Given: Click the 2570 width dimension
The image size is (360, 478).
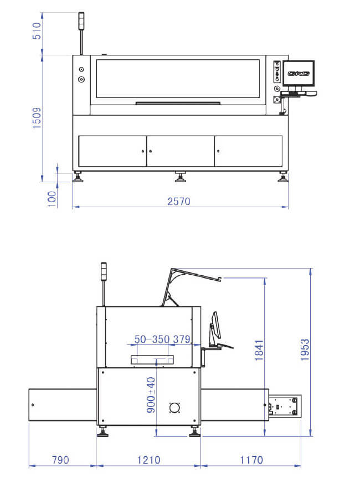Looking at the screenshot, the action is click(179, 201).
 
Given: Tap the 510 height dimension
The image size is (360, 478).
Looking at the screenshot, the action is click(37, 31).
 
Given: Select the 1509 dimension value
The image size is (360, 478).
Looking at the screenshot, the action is click(37, 117).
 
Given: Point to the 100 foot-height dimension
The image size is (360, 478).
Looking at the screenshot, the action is click(52, 199).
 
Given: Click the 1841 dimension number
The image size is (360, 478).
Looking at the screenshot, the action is click(259, 350).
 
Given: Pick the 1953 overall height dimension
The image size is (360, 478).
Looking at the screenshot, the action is click(305, 349).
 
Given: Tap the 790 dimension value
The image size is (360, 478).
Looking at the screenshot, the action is click(60, 460).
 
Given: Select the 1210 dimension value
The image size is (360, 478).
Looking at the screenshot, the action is click(149, 460).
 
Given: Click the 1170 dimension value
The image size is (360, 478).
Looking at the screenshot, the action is click(251, 460).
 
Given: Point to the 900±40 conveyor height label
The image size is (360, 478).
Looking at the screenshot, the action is click(151, 395).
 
